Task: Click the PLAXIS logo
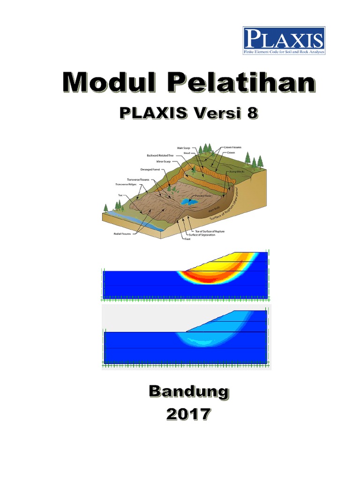click(284, 41)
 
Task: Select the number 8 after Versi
click(252, 113)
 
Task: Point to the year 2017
click(189, 414)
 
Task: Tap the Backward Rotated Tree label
click(160, 155)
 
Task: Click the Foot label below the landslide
click(187, 239)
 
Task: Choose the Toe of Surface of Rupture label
click(207, 231)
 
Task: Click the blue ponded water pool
click(189, 202)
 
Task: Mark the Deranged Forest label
click(150, 170)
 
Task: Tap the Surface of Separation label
click(204, 235)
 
